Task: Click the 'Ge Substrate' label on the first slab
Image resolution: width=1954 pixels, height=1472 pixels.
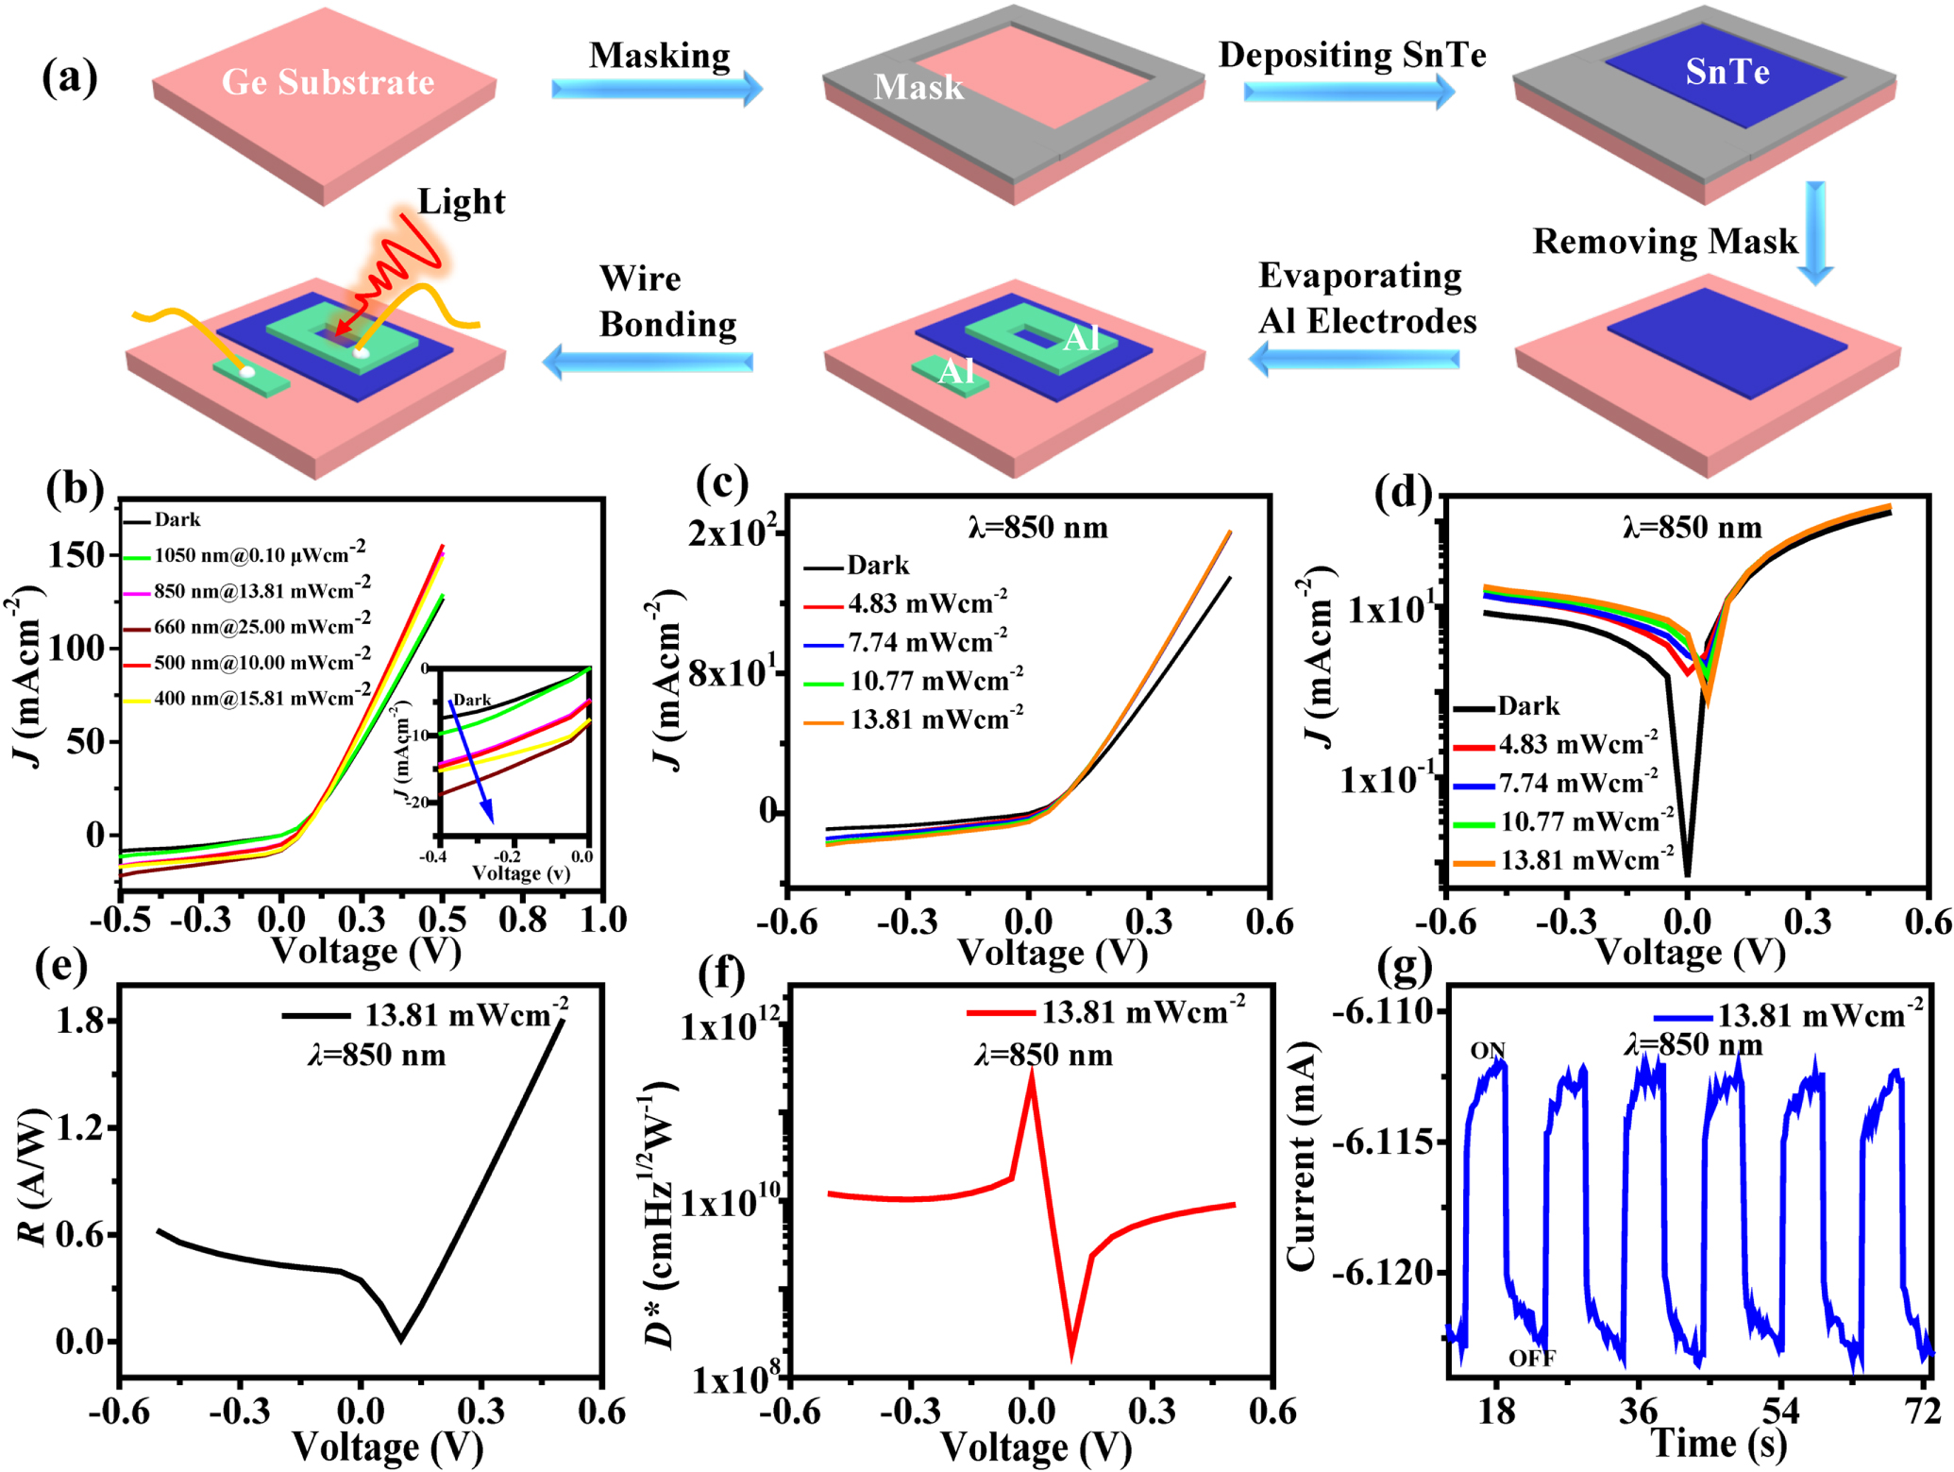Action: coord(328,83)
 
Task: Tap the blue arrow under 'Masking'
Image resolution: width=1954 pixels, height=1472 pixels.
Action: coord(656,89)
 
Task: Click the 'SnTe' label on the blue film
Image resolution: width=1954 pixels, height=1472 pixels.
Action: coord(1727,72)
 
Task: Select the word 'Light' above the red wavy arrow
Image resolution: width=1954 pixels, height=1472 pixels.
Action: coord(461,202)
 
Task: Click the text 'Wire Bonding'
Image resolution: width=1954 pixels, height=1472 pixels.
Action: coord(666,301)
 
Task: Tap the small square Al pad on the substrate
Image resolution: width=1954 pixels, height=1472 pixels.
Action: coord(951,373)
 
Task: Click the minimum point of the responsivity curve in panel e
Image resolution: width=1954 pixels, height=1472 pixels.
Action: coord(401,1337)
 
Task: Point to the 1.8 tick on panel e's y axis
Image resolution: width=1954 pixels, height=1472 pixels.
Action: coord(79,1021)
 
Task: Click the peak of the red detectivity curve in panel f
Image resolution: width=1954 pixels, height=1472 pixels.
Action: coord(1032,1074)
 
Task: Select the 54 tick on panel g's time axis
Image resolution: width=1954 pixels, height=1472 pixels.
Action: coord(1780,1412)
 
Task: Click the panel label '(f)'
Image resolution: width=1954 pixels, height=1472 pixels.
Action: coord(722,973)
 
